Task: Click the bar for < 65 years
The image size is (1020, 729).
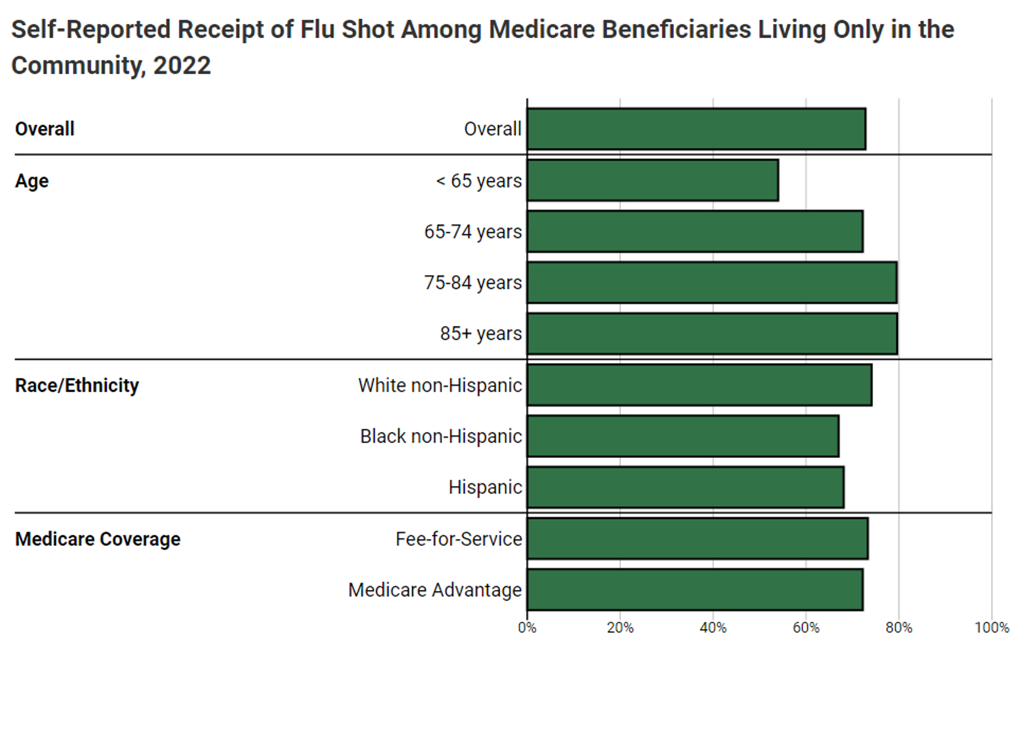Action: (653, 180)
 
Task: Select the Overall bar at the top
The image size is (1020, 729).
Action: (696, 129)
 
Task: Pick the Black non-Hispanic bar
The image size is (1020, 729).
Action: (683, 436)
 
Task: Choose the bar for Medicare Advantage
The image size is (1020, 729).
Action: (695, 589)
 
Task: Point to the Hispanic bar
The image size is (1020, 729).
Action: (685, 487)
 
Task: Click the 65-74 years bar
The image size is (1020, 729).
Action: (695, 231)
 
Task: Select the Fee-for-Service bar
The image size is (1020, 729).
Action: (697, 538)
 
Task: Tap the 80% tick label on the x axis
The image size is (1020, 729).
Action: (898, 628)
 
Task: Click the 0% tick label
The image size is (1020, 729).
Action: (527, 628)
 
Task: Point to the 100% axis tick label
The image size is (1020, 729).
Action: (991, 628)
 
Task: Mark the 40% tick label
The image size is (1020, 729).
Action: (713, 628)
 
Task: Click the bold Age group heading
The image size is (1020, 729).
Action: (31, 181)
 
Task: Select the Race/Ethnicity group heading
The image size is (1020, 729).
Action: (77, 385)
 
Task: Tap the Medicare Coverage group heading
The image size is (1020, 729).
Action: (97, 539)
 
